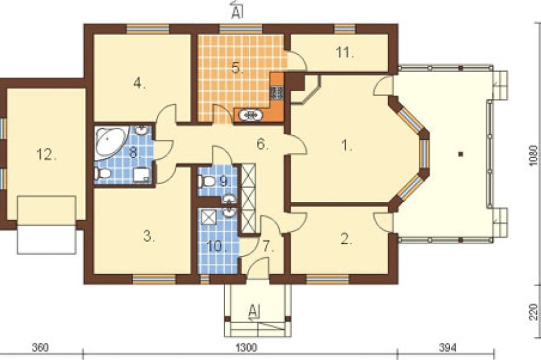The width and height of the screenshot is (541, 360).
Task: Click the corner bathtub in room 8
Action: click(109, 142)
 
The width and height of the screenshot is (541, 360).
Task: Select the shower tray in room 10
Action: click(208, 217)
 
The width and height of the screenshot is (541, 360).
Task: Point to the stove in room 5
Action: click(277, 93)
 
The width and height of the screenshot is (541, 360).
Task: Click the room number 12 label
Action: click(47, 155)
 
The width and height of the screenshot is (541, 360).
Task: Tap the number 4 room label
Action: click(138, 83)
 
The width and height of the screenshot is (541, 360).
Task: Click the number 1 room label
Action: click(346, 146)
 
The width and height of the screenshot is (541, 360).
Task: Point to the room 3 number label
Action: click(149, 237)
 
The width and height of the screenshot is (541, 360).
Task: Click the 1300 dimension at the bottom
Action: click(246, 347)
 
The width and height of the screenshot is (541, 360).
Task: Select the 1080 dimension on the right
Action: click(533, 156)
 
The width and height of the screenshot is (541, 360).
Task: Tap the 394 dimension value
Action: click(447, 347)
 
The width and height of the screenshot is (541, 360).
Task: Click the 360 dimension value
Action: click(41, 347)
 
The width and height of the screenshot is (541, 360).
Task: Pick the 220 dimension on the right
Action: click(533, 311)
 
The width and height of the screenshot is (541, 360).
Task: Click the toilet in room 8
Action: click(102, 173)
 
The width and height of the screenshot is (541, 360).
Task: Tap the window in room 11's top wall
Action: click(345, 29)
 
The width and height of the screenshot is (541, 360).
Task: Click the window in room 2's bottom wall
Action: click(327, 279)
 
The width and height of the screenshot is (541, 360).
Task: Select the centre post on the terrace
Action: click(460, 154)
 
